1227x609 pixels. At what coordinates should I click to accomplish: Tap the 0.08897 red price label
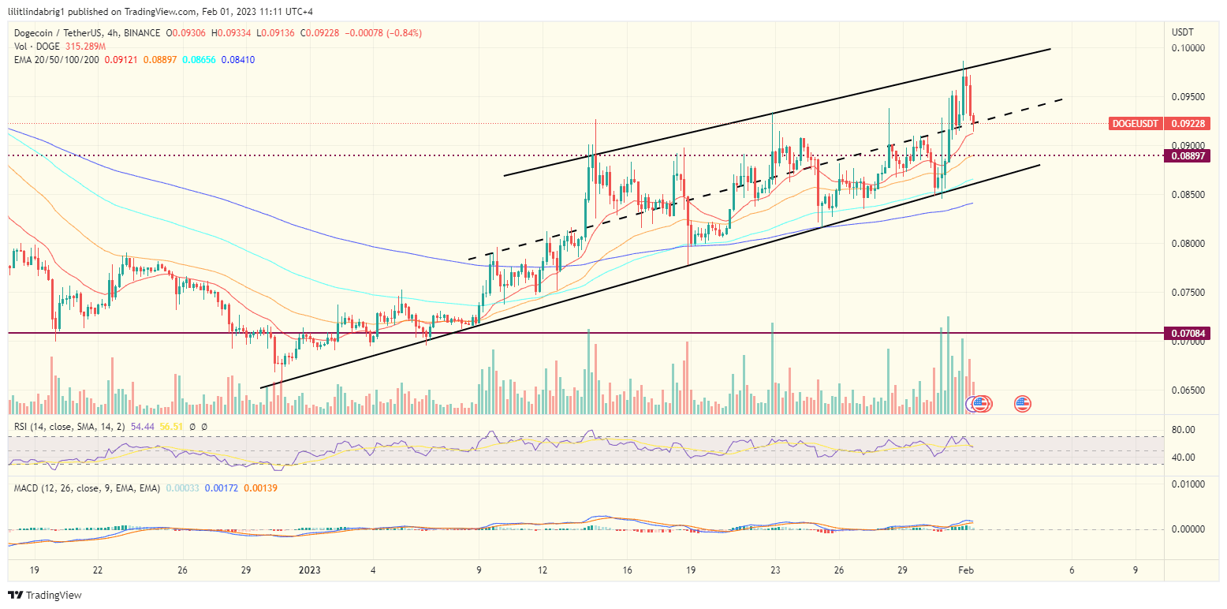tap(1187, 156)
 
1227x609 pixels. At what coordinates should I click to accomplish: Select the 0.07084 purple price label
tap(1187, 334)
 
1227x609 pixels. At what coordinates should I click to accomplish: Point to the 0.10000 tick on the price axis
tap(1187, 48)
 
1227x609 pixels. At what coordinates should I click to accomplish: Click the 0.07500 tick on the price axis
tap(1187, 293)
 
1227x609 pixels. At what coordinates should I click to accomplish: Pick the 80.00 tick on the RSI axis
tap(1184, 430)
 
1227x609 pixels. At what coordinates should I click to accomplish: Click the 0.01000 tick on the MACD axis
tap(1187, 483)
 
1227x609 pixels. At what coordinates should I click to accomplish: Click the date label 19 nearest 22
tap(33, 570)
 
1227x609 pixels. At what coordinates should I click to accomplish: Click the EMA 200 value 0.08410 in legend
tap(238, 60)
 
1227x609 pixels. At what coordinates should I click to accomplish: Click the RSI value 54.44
tap(141, 427)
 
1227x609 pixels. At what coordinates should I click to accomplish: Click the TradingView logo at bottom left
tap(45, 595)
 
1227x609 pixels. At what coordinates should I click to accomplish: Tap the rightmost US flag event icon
tap(1023, 404)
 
